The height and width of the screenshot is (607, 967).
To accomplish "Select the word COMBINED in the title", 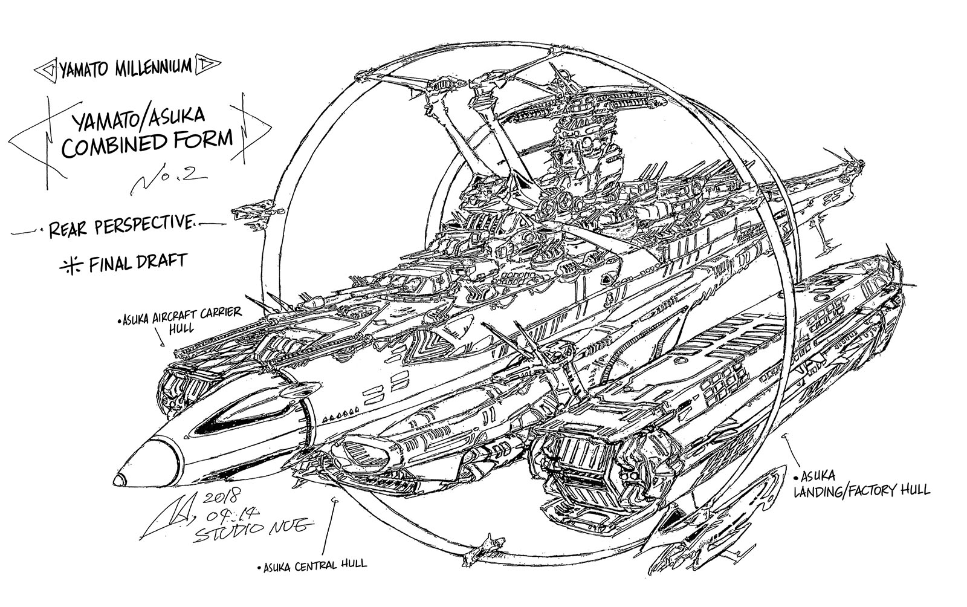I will coord(113,145).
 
